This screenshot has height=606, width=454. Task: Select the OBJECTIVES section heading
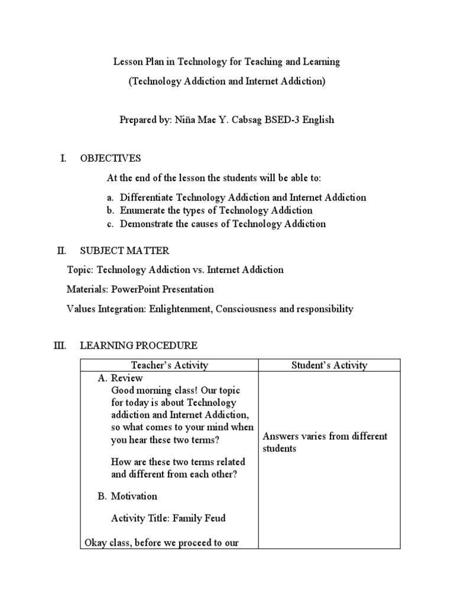coord(111,158)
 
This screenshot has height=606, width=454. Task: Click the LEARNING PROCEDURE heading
coord(138,346)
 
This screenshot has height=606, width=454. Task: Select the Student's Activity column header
coord(329,365)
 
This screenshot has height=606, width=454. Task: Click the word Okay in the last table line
coord(98,542)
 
